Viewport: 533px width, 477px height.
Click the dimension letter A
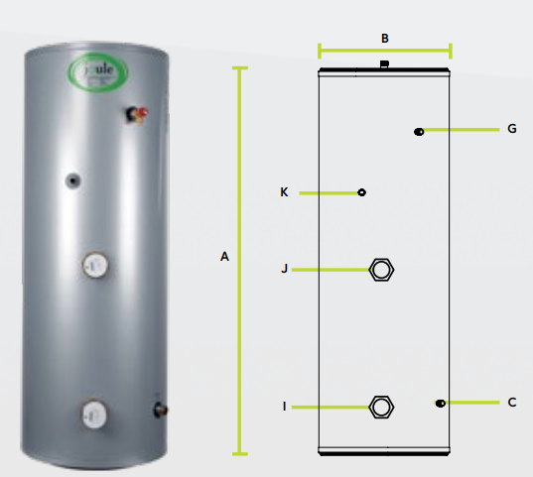click(224, 257)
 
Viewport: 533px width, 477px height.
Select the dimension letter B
click(385, 39)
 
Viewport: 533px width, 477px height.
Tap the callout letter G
click(511, 129)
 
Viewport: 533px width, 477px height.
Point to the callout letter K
click(284, 192)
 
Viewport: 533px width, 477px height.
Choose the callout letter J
click(284, 269)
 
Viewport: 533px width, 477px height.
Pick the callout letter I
click(284, 407)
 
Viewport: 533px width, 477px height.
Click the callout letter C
click(511, 403)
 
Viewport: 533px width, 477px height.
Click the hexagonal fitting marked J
click(381, 269)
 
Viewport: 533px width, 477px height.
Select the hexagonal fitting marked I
click(381, 407)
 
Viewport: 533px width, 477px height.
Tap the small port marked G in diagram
click(419, 131)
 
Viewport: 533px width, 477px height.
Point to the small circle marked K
click(361, 192)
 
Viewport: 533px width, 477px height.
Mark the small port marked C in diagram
click(440, 403)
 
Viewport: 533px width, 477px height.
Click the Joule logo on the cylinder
click(92, 72)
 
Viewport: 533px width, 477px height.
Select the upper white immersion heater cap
click(94, 266)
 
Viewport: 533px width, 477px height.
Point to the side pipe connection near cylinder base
click(159, 408)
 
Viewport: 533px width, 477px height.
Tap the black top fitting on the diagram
click(385, 65)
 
